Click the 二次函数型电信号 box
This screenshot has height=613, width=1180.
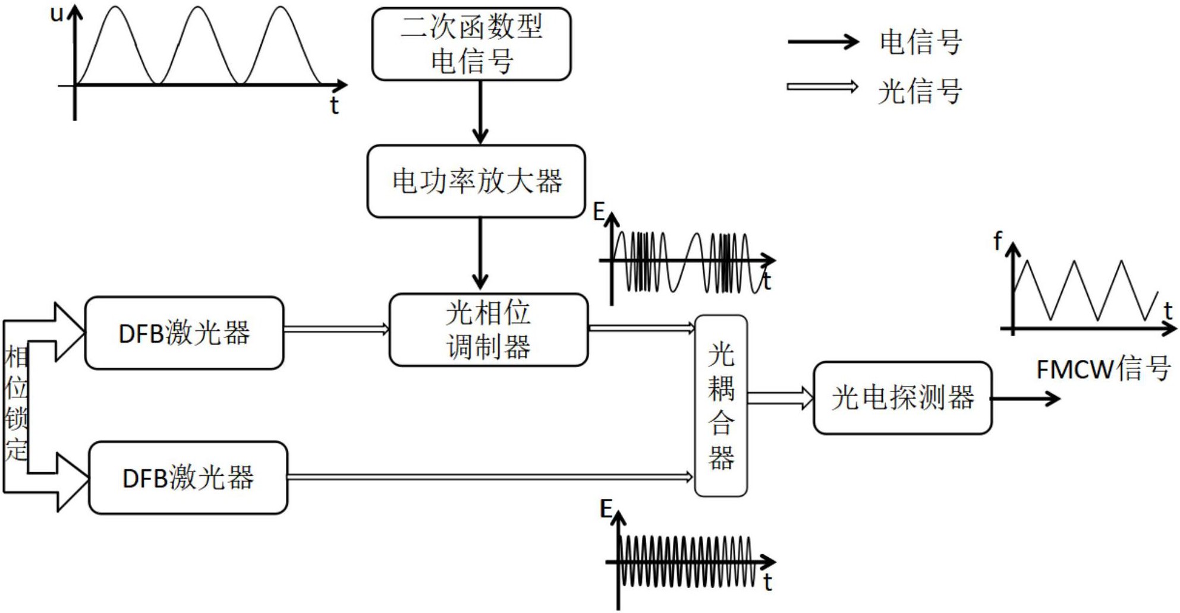pyautogui.click(x=471, y=44)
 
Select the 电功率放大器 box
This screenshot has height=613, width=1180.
pyautogui.click(x=476, y=181)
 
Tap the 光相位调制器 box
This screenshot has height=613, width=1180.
pyautogui.click(x=488, y=330)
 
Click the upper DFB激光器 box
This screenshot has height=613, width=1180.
pyautogui.click(x=184, y=333)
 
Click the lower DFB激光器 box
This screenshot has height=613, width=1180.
pyautogui.click(x=188, y=478)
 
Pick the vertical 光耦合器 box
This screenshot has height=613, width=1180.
pyautogui.click(x=720, y=406)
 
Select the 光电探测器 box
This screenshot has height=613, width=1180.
pyautogui.click(x=902, y=398)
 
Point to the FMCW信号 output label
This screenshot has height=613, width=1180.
pyautogui.click(x=1103, y=369)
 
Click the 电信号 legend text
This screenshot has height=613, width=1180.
pyautogui.click(x=920, y=42)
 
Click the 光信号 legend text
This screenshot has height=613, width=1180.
pyautogui.click(x=920, y=91)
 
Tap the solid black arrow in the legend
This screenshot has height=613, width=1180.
pyautogui.click(x=823, y=42)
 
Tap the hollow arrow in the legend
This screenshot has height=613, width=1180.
pyautogui.click(x=823, y=87)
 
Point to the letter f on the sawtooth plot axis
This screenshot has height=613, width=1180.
pyautogui.click(x=998, y=241)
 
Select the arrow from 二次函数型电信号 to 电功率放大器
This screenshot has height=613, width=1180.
pyautogui.click(x=480, y=112)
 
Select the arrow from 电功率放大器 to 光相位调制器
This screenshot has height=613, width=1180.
pyautogui.click(x=480, y=254)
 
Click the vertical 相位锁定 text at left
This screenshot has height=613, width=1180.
pyautogui.click(x=16, y=404)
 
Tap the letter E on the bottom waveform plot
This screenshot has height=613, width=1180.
pyautogui.click(x=606, y=509)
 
